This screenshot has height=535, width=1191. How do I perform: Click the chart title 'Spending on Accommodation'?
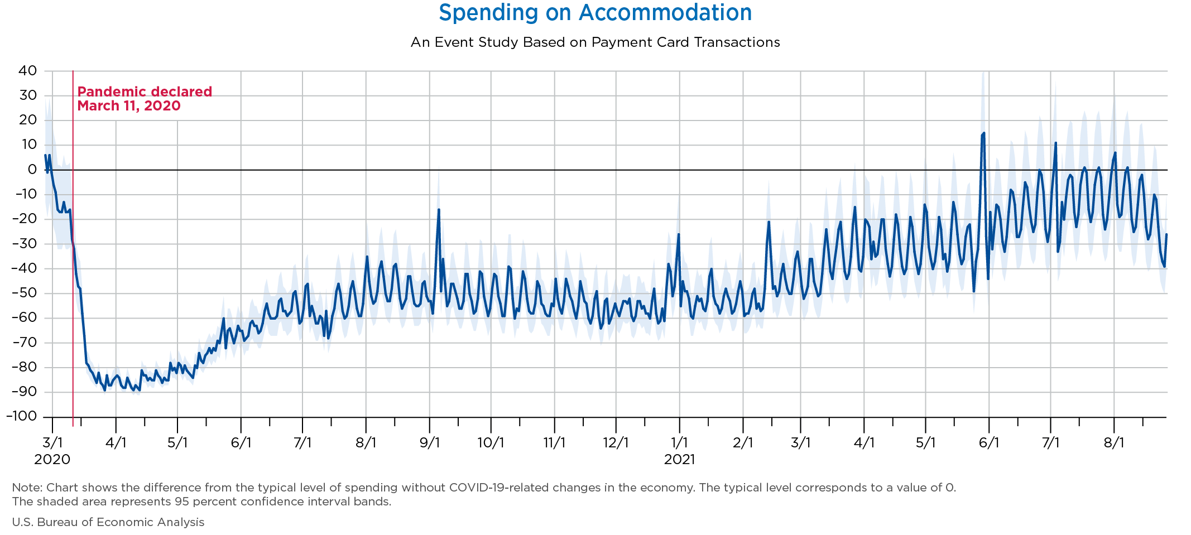pyautogui.click(x=595, y=13)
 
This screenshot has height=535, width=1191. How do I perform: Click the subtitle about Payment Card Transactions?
pyautogui.click(x=595, y=42)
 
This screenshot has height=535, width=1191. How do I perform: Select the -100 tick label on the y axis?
pyautogui.click(x=21, y=416)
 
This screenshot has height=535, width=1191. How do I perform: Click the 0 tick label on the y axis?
pyautogui.click(x=32, y=170)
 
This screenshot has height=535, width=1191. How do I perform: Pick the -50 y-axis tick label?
pyautogui.click(x=24, y=293)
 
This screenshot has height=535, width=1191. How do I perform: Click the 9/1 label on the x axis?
pyautogui.click(x=430, y=443)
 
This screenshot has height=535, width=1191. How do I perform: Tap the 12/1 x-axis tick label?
pyautogui.click(x=616, y=443)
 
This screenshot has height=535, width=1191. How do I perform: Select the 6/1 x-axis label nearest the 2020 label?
pyautogui.click(x=241, y=443)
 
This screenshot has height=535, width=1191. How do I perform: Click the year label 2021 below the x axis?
pyautogui.click(x=679, y=460)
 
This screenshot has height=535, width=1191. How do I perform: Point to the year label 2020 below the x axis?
pyautogui.click(x=52, y=460)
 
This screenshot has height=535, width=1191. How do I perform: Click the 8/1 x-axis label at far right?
pyautogui.click(x=1113, y=443)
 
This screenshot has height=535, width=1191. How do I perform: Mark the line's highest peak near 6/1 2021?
pyautogui.click(x=983, y=133)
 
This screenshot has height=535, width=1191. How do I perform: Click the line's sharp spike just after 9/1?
pyautogui.click(x=439, y=210)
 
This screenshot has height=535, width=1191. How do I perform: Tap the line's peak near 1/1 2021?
pyautogui.click(x=679, y=234)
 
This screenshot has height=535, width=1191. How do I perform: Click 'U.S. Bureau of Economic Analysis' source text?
pyautogui.click(x=108, y=522)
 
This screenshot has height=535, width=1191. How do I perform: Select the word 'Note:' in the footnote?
pyautogui.click(x=23, y=488)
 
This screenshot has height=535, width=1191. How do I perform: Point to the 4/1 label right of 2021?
pyautogui.click(x=863, y=443)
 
